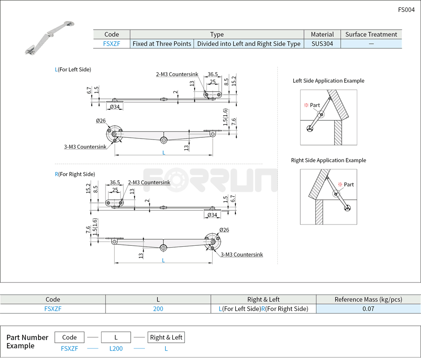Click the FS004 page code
click(x=406, y=10)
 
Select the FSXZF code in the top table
click(x=111, y=44)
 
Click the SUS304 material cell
click(x=322, y=44)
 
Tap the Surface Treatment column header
click(x=371, y=34)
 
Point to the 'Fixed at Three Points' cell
click(x=162, y=44)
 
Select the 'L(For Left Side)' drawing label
click(x=73, y=69)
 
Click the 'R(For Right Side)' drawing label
click(x=75, y=174)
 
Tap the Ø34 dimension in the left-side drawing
click(x=114, y=107)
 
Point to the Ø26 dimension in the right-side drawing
click(x=224, y=230)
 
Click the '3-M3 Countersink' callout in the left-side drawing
click(x=85, y=147)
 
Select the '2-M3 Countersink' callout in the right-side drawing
click(x=149, y=182)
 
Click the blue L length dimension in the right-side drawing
click(x=163, y=260)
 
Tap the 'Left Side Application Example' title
click(x=328, y=81)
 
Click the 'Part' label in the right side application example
click(x=349, y=184)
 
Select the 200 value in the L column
click(x=158, y=309)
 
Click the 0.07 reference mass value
click(x=368, y=309)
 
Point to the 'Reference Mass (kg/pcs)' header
click(x=368, y=299)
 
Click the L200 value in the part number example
click(x=116, y=348)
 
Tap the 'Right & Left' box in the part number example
click(x=166, y=337)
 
